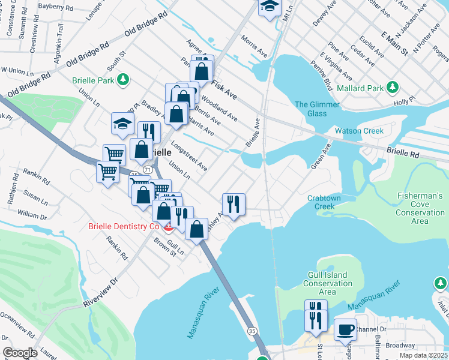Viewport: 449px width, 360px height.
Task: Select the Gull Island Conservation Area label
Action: [x=327, y=283]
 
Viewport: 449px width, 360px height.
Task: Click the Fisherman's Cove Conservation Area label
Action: [x=420, y=208]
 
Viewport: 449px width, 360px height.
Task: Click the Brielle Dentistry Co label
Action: [x=124, y=226]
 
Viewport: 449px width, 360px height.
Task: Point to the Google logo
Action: [x=20, y=353]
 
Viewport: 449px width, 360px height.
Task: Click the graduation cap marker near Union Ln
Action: [x=122, y=124]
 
